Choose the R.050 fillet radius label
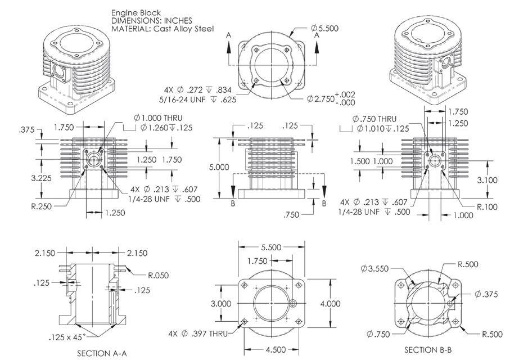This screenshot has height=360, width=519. pos(157,275)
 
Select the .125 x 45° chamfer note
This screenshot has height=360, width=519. pos(67,338)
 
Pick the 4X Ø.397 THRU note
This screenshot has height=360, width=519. pos(197,334)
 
